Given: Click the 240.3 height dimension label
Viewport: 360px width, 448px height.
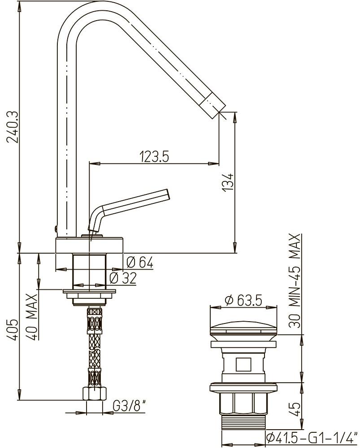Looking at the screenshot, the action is (x=13, y=127).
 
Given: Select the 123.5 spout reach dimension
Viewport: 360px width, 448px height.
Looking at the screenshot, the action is (x=154, y=156).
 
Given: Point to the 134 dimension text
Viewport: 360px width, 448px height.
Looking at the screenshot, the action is (x=229, y=182).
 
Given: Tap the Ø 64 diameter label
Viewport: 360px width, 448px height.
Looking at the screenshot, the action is (x=140, y=262).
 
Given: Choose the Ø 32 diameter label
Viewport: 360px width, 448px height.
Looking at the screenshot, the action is (x=123, y=278).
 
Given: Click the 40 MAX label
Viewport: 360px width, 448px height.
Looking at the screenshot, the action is (x=32, y=317).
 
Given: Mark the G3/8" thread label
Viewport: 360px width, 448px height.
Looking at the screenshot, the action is (x=130, y=406).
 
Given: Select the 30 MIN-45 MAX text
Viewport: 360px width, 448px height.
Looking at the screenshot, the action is (x=295, y=280).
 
